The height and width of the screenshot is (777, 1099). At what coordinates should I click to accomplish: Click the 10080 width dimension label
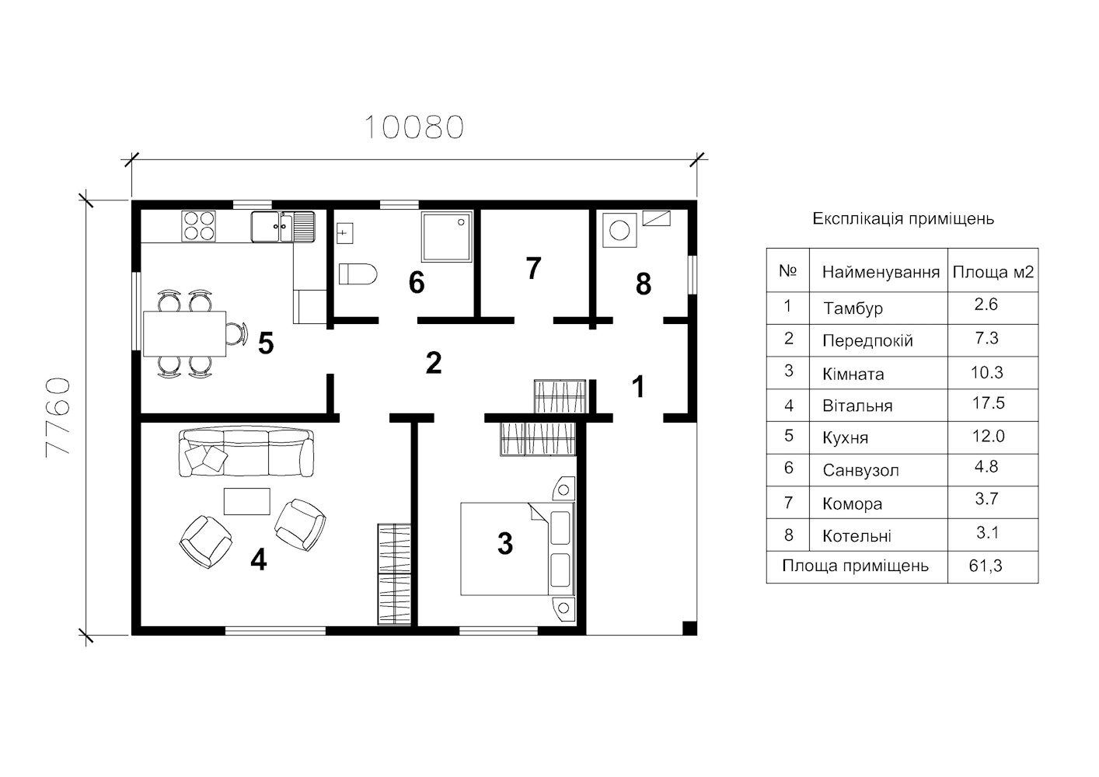coord(413,127)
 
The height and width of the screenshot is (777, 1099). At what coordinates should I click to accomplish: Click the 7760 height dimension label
coord(58,417)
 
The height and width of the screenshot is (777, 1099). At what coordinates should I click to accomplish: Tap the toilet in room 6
coord(358,274)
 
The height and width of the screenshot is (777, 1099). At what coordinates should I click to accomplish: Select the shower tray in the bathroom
coord(446,236)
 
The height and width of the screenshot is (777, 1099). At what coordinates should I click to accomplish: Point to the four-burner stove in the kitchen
coord(198,226)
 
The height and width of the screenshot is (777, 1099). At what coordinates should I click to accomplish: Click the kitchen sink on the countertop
coord(283,227)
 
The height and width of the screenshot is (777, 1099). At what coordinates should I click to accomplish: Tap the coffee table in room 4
coord(247,501)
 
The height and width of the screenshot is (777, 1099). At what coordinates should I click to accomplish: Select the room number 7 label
coord(533,268)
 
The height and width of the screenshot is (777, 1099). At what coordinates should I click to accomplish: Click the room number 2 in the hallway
coord(433,363)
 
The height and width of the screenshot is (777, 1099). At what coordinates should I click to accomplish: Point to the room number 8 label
coord(644,284)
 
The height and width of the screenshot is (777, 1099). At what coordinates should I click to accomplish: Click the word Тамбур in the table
coord(853,308)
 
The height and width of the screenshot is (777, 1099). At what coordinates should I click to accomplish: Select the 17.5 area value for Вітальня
coord(988,403)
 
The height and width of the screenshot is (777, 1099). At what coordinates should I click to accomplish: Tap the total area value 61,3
coord(986,566)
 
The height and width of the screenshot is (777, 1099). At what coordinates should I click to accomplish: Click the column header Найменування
coord(881,272)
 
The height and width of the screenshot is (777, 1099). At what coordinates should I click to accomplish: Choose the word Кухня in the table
coord(846,437)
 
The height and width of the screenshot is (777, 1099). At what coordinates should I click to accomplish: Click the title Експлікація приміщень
coord(903,218)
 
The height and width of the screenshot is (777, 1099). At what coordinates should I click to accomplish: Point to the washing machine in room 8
coord(619,229)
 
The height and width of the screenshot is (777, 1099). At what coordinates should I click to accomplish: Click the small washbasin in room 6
coord(344,232)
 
